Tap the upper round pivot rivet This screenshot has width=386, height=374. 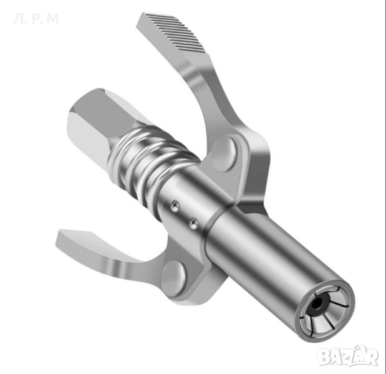[224, 155]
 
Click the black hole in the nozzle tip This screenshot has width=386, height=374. [318, 304]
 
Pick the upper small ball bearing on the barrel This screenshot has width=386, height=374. [175, 206]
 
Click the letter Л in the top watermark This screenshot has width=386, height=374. [17, 19]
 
